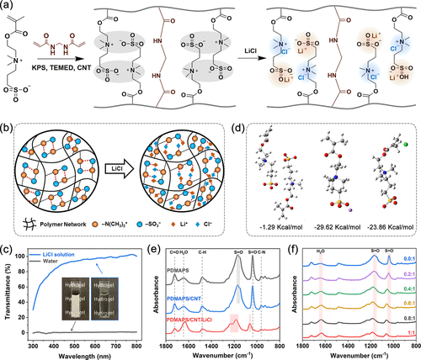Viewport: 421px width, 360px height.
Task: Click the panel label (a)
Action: [7, 7]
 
